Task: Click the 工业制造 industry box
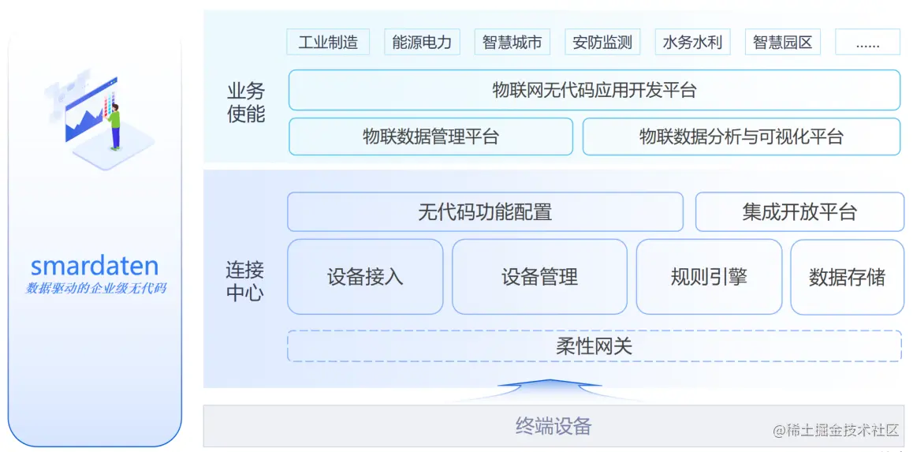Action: point(328,42)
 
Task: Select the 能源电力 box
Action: point(422,42)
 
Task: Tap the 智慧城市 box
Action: point(512,42)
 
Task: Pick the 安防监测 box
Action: point(602,42)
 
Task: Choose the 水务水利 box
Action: point(692,42)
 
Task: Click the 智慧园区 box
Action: point(782,42)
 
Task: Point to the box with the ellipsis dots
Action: point(867,43)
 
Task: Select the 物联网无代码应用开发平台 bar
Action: point(594,90)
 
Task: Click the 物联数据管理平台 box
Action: point(430,136)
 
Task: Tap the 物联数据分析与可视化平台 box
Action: point(741,136)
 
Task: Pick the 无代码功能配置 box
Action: point(485,212)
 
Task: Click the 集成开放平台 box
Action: point(799,212)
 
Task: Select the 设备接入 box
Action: point(365,277)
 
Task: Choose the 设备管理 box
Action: point(539,277)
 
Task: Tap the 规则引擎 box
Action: point(709,277)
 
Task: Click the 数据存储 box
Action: point(847,277)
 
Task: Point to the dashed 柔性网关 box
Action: point(594,346)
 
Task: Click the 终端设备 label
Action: point(553,427)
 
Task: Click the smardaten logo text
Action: point(95,266)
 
